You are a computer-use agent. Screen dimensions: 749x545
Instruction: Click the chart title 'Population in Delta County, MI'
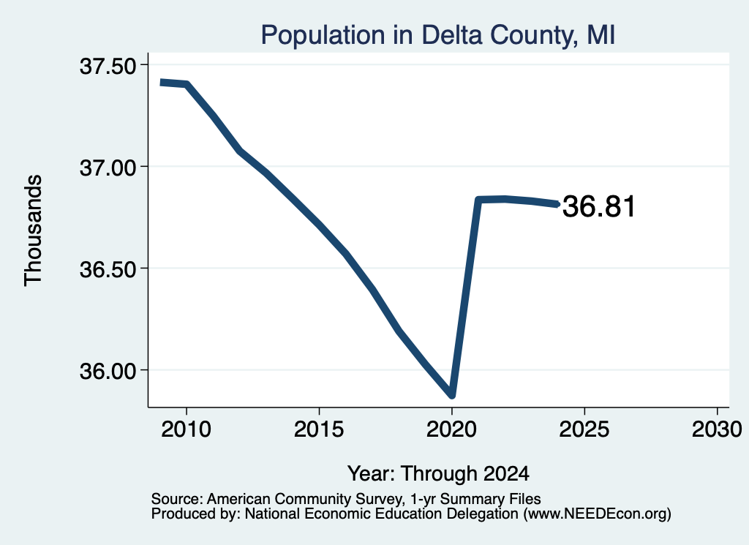[437, 35]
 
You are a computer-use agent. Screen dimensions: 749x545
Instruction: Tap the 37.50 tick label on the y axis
[108, 67]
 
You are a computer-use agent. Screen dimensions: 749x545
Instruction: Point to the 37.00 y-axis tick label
[108, 168]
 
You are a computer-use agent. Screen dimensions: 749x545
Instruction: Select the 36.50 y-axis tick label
[108, 270]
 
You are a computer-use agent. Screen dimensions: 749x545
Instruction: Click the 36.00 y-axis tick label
[108, 372]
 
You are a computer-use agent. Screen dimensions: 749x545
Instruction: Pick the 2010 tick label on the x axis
[186, 429]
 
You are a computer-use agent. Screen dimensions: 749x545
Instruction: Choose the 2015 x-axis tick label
[319, 429]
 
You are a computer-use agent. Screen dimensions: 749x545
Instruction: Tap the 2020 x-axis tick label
[451, 429]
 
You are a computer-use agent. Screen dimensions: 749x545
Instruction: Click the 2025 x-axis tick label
[584, 429]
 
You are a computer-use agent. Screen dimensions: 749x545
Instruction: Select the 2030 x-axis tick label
[717, 429]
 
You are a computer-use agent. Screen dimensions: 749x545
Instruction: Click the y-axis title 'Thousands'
[34, 230]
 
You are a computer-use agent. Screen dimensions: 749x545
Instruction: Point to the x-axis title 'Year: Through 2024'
[438, 474]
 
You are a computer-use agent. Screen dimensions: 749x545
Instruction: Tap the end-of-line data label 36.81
[599, 207]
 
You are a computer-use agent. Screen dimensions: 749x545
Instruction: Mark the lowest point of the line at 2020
[451, 395]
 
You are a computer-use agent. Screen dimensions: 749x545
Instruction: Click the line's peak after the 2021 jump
[504, 199]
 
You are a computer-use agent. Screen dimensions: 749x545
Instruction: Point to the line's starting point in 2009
[161, 83]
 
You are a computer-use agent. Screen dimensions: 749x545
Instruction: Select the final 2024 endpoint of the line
[557, 204]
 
